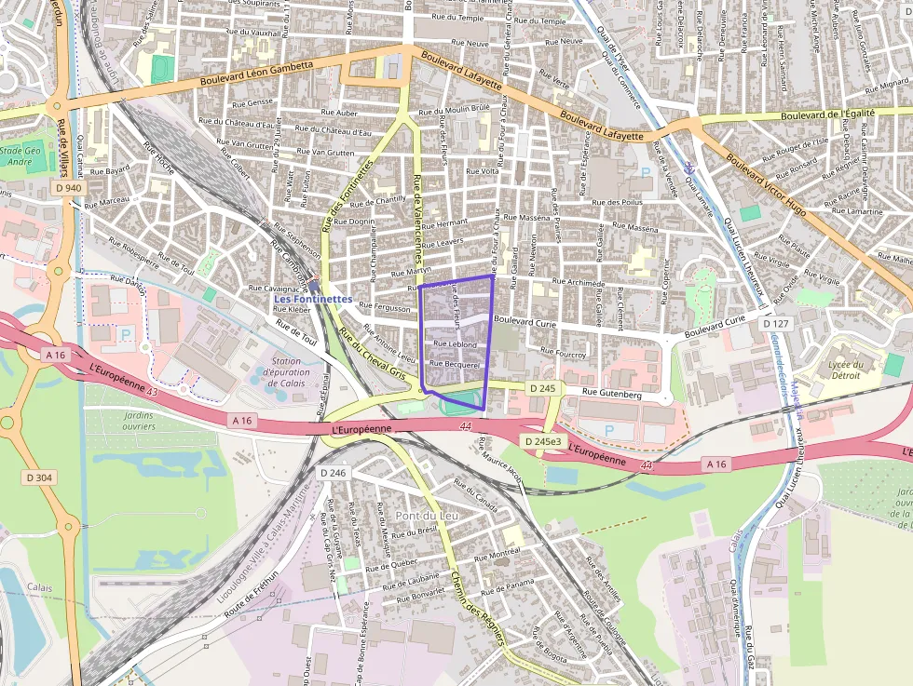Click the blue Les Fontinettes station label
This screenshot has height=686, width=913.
point(313,299)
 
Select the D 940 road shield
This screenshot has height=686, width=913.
point(67,187)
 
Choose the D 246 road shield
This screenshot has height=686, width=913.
point(333,473)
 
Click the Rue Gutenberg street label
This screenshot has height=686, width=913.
point(611,395)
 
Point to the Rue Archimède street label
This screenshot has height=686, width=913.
point(579,283)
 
